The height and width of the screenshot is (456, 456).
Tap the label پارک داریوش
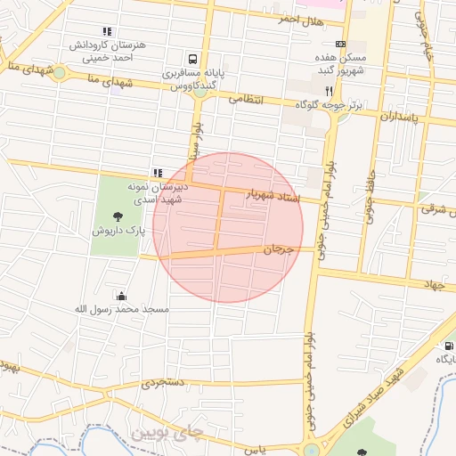click(118, 231)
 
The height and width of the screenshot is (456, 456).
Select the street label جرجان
click(278, 250)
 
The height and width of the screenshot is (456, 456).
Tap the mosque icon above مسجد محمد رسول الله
click(121, 296)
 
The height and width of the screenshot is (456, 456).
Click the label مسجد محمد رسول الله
click(121, 309)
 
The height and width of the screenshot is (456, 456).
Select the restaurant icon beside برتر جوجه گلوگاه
click(329, 92)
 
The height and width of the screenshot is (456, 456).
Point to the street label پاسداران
click(398, 116)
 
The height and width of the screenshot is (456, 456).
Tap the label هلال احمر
click(300, 19)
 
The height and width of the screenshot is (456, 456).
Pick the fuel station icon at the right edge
click(447, 345)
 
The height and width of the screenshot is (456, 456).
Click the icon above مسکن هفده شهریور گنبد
click(340, 43)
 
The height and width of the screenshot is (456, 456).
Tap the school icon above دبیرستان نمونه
click(158, 173)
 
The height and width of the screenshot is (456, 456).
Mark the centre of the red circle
click(228, 228)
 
